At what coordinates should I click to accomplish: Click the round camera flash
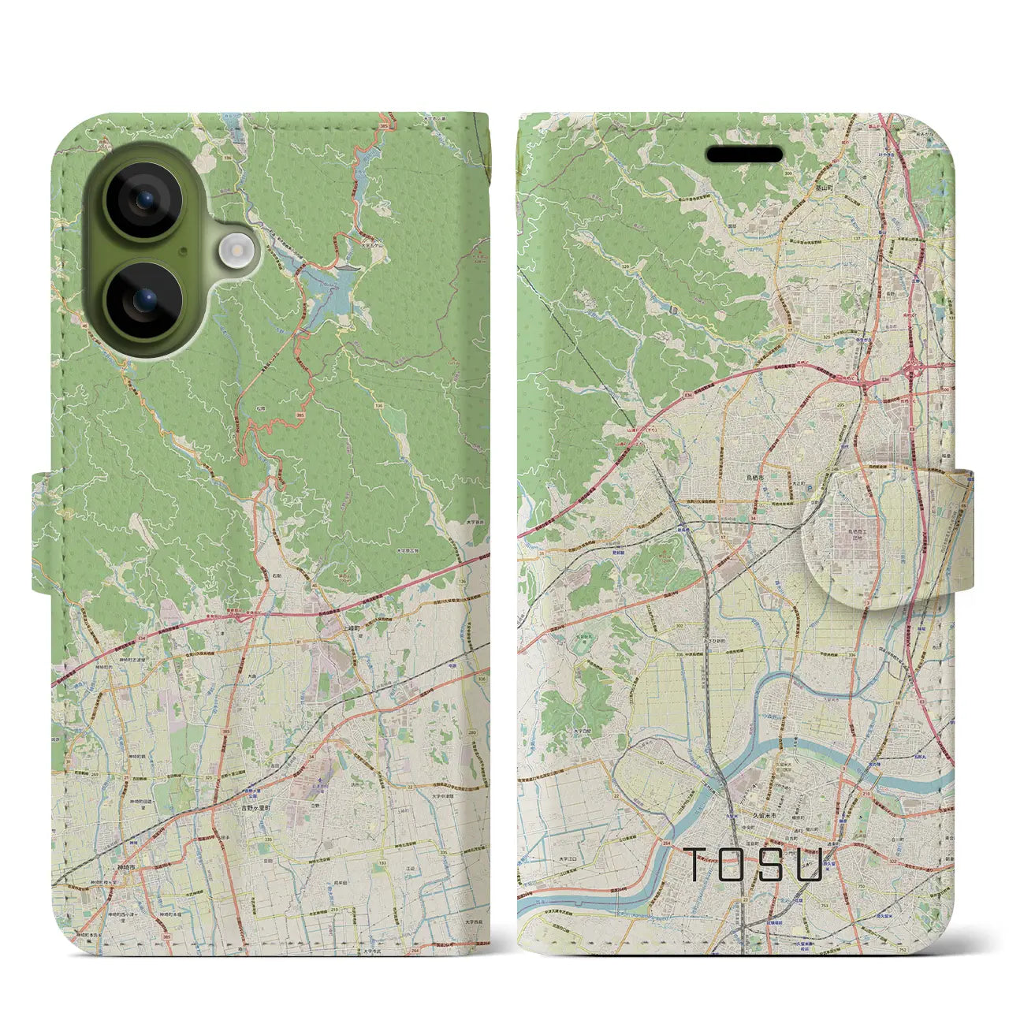[235, 251]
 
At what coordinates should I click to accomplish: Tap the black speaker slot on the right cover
[744, 155]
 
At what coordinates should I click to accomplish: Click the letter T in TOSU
[698, 865]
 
